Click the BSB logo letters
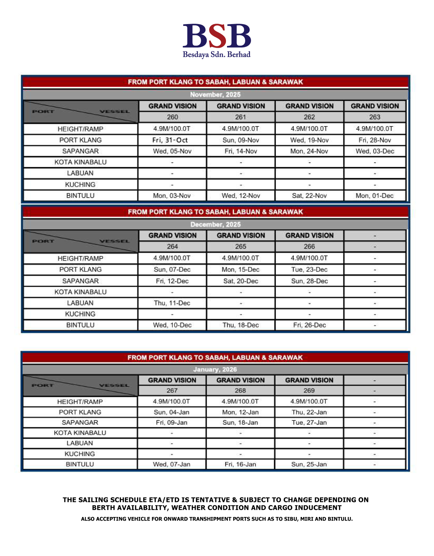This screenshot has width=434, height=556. pyautogui.click(x=217, y=36)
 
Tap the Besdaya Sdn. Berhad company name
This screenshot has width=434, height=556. pyautogui.click(x=216, y=55)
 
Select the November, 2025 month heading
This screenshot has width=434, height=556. pyautogui.click(x=215, y=94)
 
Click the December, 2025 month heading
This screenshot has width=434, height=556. pyautogui.click(x=215, y=224)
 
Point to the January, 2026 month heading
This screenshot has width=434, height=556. pyautogui.click(x=215, y=369)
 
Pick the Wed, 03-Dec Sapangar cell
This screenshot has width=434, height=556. pyautogui.click(x=375, y=151)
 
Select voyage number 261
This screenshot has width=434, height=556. pyautogui.click(x=241, y=117)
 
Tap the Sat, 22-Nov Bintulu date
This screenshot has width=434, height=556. pyautogui.click(x=309, y=195)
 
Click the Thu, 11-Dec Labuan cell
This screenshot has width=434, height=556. pyautogui.click(x=172, y=303)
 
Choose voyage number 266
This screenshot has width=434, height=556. pyautogui.click(x=309, y=246)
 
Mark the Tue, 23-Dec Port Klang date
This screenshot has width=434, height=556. pyautogui.click(x=309, y=269)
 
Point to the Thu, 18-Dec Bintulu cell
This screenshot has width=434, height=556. pyautogui.click(x=241, y=325)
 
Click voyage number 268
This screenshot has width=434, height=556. pyautogui.click(x=240, y=390)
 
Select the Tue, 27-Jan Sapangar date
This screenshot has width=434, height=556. pyautogui.click(x=309, y=423)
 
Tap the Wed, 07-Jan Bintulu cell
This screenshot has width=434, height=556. pyautogui.click(x=172, y=464)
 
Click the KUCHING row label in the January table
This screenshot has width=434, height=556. pyautogui.click(x=80, y=454)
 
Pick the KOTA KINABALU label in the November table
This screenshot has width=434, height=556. pyautogui.click(x=81, y=162)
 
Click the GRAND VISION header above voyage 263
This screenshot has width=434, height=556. pyautogui.click(x=375, y=106)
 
